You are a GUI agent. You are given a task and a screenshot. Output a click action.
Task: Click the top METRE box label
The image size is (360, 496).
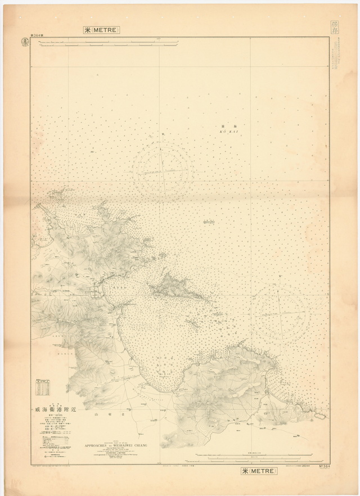102,30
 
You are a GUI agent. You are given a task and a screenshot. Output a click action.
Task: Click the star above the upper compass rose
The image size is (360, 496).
163,134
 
